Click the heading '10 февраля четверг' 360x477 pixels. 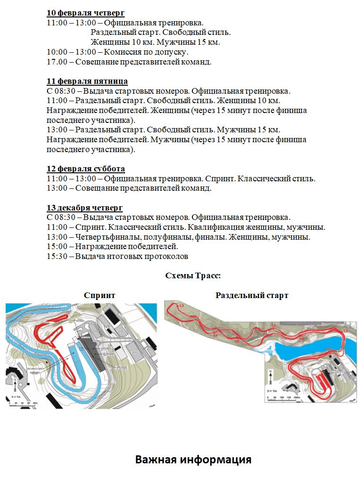pos(86,13)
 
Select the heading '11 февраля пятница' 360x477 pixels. pos(87,81)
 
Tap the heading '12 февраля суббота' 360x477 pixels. pos(86,169)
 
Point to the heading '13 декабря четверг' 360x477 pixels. pos(85,208)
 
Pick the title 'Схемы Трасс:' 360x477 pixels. pos(193,276)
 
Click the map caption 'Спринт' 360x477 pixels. pos(99,295)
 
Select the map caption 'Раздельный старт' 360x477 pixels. pos(252,295)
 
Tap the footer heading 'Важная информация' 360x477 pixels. pos(193,460)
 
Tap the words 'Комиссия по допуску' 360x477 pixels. pos(146,52)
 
